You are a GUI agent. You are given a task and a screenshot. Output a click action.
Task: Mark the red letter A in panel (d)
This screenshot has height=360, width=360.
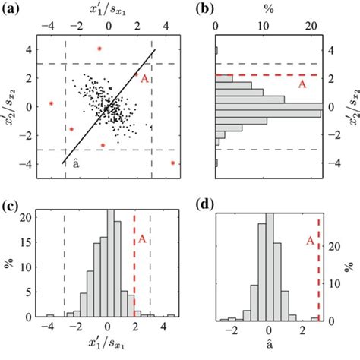[310, 241]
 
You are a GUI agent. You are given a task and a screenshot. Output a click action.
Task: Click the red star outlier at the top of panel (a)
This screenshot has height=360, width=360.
[99, 49]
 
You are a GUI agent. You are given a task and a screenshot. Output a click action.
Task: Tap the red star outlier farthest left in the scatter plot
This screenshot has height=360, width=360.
[51, 103]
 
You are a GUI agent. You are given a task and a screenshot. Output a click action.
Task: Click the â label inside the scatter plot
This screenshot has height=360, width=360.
[75, 163]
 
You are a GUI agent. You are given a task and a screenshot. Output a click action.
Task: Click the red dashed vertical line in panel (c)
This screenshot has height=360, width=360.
[134, 266]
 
